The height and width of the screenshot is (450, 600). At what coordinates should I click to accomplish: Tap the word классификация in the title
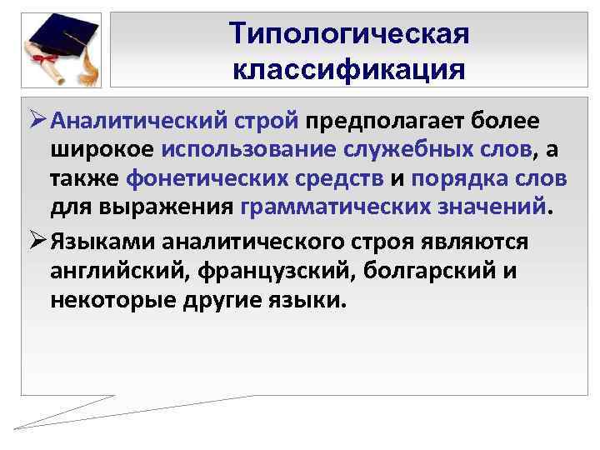tap(349, 67)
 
